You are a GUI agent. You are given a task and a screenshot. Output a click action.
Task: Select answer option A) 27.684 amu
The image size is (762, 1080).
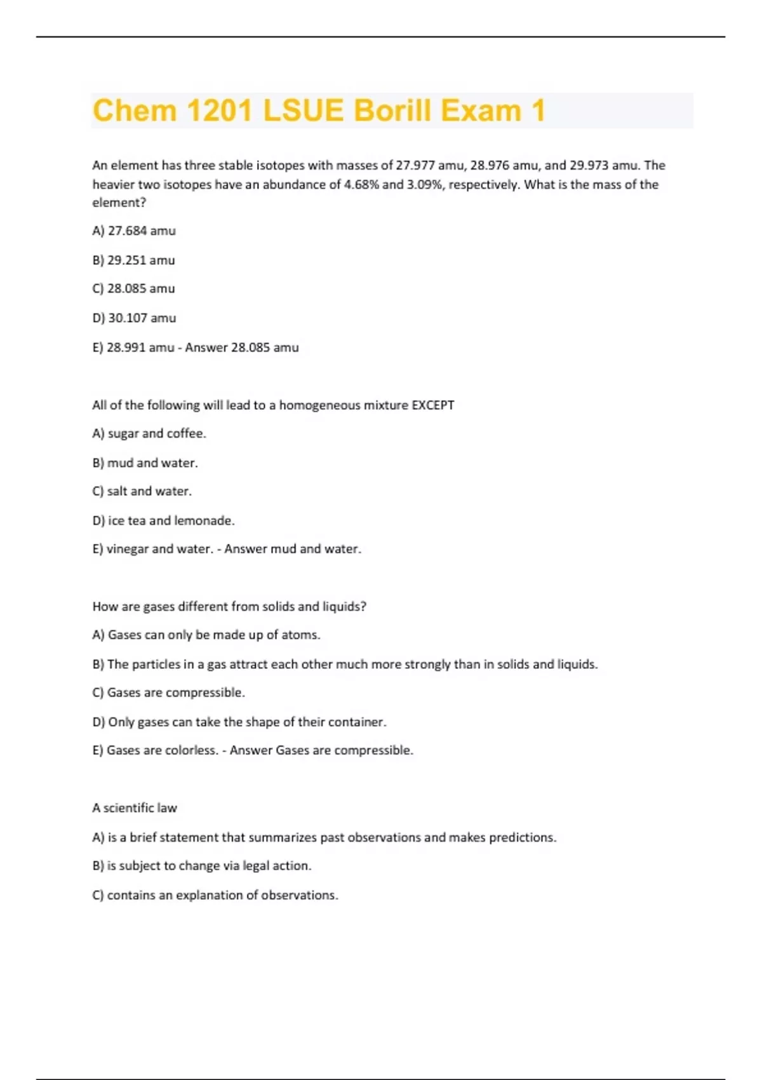click(x=134, y=231)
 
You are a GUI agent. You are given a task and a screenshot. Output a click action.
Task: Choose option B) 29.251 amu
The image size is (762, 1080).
click(x=133, y=260)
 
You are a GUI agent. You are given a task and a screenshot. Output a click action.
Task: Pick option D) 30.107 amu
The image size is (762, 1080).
click(x=134, y=318)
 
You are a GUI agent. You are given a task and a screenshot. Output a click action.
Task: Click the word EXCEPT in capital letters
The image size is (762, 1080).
click(x=433, y=405)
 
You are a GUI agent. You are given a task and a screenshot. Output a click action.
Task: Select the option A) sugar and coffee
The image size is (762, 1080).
click(x=149, y=433)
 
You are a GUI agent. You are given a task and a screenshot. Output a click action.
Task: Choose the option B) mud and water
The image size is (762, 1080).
click(x=145, y=462)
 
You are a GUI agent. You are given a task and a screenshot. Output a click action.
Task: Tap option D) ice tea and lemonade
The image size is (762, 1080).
click(x=163, y=520)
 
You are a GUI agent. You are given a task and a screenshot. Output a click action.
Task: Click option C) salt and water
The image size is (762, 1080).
click(x=142, y=491)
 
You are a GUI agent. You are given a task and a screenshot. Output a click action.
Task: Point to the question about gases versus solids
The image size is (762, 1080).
click(x=229, y=606)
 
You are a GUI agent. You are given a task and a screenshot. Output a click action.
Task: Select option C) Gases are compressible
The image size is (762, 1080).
click(x=168, y=692)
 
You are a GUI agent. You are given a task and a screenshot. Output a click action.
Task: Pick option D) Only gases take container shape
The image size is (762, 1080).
click(x=239, y=722)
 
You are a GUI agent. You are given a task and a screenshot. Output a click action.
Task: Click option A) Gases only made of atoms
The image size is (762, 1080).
click(x=206, y=635)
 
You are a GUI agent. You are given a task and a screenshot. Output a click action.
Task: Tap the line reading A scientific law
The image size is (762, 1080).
click(x=135, y=807)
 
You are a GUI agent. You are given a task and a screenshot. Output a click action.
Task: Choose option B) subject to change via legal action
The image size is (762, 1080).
click(x=202, y=865)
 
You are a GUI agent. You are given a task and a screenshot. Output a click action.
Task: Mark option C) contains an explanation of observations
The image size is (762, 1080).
click(x=215, y=894)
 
